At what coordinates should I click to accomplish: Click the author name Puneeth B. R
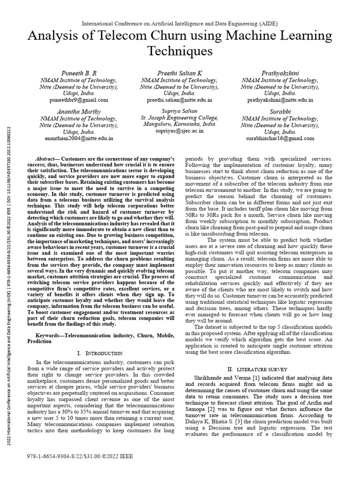[x=78, y=73]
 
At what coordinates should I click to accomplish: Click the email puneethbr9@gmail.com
[x=78, y=100]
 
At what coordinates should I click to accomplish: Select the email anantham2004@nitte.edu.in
[x=78, y=139]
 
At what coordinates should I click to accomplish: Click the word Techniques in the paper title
[x=180, y=51]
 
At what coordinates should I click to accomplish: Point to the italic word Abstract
[x=47, y=159]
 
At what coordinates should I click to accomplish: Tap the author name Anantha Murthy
[x=78, y=112]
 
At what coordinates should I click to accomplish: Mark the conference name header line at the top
[x=180, y=23]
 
